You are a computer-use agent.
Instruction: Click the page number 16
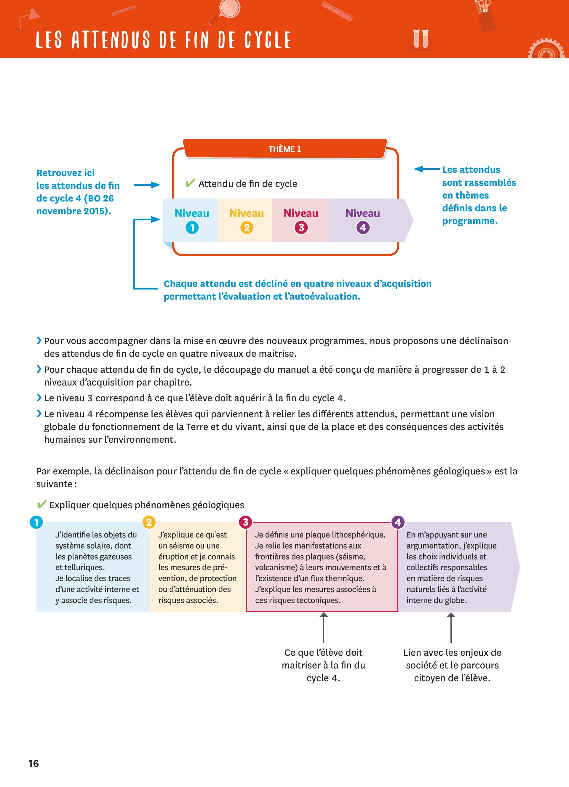point(34,763)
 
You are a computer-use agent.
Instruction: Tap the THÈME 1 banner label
point(284,149)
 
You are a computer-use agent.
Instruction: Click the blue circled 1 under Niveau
point(192,228)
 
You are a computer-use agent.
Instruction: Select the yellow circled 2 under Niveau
point(247,228)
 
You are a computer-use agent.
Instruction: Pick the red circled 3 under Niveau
point(301,228)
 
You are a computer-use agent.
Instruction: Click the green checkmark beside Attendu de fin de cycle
point(190,183)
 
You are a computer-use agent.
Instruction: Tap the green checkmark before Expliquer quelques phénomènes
point(41,504)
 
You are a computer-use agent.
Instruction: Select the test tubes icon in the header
point(421,39)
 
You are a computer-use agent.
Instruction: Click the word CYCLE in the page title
point(268,40)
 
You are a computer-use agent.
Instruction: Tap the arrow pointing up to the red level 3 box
point(324,628)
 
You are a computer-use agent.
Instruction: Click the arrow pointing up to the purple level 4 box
point(451,628)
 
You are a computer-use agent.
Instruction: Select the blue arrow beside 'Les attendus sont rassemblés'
point(426,169)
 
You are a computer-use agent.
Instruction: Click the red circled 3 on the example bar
point(246,522)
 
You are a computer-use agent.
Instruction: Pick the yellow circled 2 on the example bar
point(149,522)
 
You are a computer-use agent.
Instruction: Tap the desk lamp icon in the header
point(28,19)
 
